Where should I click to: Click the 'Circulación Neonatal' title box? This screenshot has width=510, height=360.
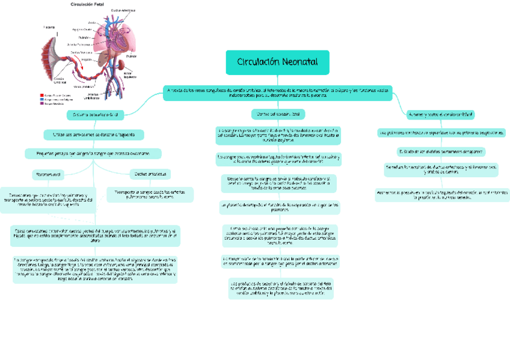pyautogui.click(x=277, y=62)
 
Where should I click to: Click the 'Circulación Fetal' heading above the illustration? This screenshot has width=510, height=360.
pyautogui.click(x=87, y=4)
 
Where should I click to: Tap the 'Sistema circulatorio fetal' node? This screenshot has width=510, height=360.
pyautogui.click(x=96, y=114)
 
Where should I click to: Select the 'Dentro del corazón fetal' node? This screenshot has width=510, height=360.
pyautogui.click(x=277, y=114)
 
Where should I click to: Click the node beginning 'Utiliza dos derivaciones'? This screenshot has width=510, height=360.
pyautogui.click(x=94, y=134)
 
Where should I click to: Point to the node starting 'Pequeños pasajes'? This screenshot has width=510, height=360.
pyautogui.click(x=93, y=154)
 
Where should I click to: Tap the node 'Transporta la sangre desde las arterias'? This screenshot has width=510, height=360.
pyautogui.click(x=150, y=194)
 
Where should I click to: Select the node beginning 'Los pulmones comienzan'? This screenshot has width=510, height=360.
pyautogui.click(x=441, y=132)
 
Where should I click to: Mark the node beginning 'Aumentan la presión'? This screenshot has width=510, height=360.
pyautogui.click(x=441, y=194)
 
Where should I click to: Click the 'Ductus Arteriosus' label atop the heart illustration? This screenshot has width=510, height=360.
pyautogui.click(x=123, y=10)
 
